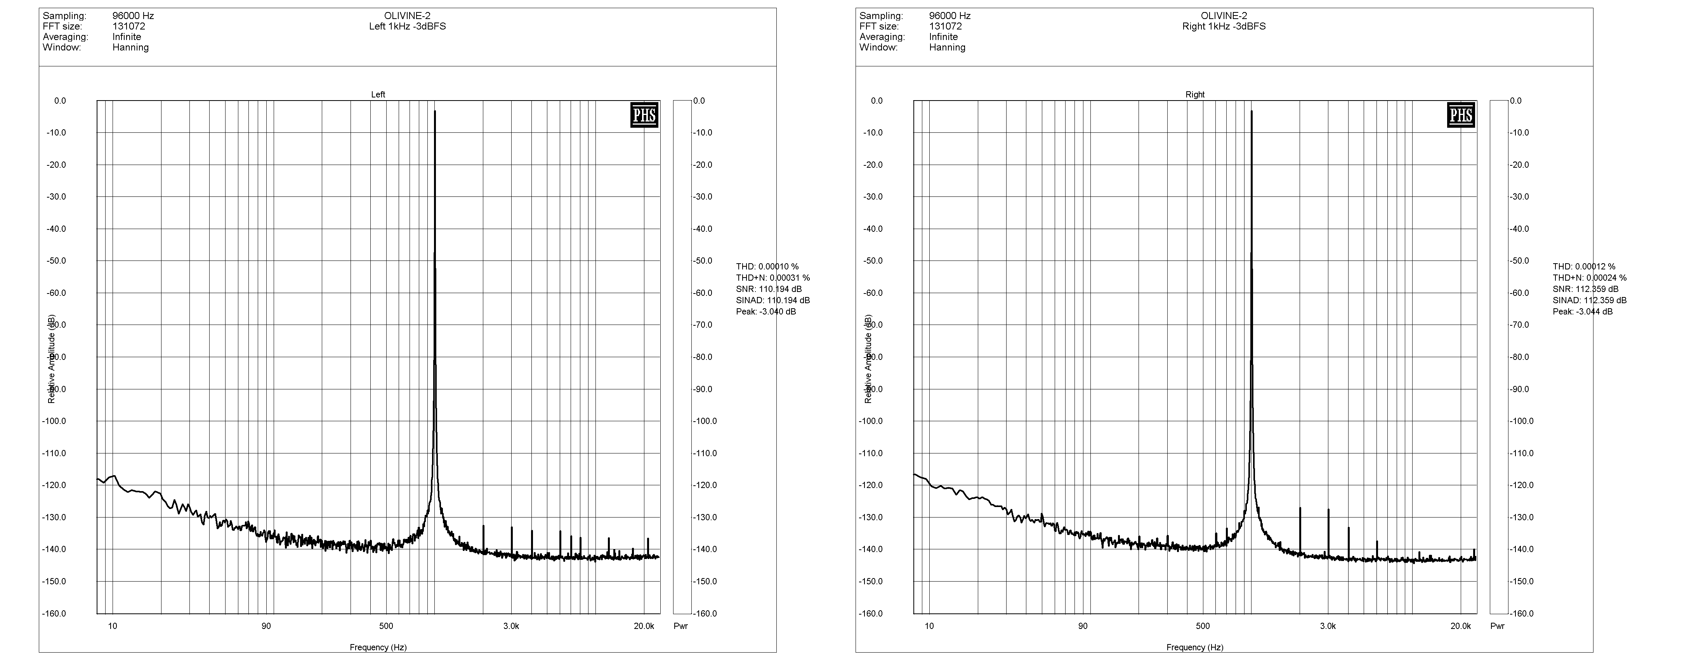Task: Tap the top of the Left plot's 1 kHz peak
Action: (435, 111)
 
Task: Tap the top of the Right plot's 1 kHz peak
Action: (1252, 111)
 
